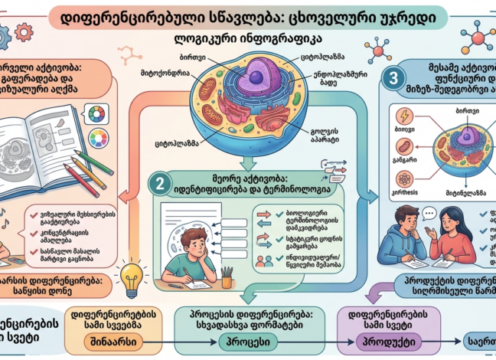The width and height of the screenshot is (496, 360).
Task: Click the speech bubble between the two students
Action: coord(429,214)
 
